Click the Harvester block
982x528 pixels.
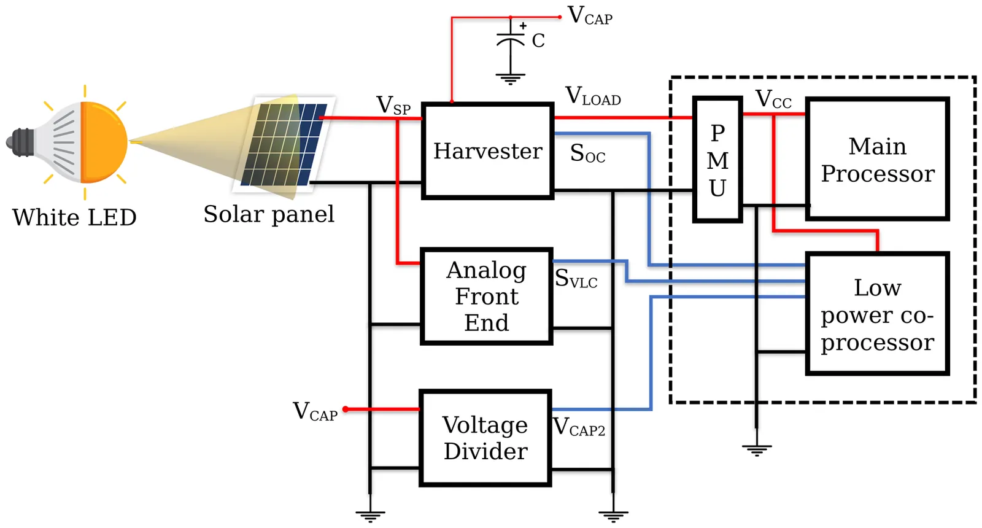tap(488, 151)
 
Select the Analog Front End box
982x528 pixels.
tap(487, 297)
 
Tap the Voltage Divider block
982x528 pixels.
tap(485, 438)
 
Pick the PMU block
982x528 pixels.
tap(717, 160)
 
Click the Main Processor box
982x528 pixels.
tap(878, 159)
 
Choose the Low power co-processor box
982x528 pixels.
tap(878, 314)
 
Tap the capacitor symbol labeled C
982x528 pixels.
tap(511, 40)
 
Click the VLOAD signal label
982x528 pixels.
tap(593, 96)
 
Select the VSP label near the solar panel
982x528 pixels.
tap(393, 106)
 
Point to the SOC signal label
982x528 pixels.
tap(587, 153)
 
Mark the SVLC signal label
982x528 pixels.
tap(576, 279)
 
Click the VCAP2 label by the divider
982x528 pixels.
tap(579, 427)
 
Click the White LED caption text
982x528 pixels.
tap(74, 217)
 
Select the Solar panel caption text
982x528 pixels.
tap(269, 214)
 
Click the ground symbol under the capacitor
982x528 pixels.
tap(511, 79)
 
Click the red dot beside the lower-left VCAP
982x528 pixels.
tap(346, 409)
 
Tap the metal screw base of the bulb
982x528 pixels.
tap(20, 142)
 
